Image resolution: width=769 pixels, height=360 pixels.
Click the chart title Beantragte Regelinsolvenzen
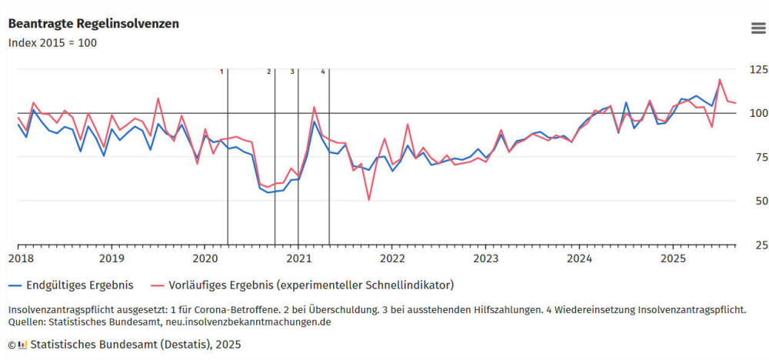94,24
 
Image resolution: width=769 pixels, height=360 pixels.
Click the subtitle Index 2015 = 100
52,42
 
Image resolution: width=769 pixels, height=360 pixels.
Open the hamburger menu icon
757,28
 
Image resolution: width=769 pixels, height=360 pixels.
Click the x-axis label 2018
18,258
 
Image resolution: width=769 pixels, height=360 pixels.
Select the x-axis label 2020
205,258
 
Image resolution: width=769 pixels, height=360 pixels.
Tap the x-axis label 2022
392,258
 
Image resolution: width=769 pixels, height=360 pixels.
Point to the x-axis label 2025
673,258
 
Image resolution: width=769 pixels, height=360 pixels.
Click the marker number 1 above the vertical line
221,72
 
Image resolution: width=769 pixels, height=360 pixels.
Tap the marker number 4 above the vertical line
323,72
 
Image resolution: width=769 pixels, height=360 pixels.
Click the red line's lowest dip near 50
369,199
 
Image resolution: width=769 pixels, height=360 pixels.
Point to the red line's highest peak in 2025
720,79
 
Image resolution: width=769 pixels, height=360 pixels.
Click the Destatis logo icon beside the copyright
23,344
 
